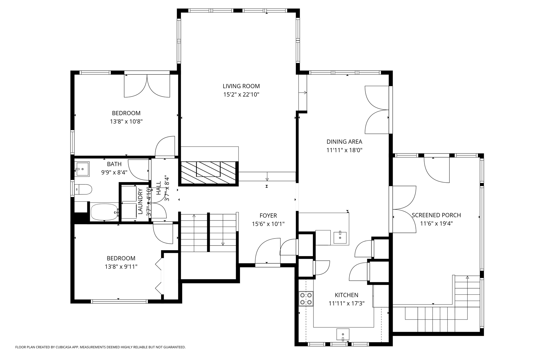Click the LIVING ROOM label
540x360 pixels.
[241, 86]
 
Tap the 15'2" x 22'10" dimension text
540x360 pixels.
[241, 95]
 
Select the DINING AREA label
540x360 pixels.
[344, 142]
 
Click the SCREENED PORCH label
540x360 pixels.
[436, 215]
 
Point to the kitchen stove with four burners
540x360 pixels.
[306, 298]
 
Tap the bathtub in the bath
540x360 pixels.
[104, 212]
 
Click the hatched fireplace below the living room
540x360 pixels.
[208, 173]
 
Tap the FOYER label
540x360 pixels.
[268, 215]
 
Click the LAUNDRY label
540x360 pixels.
[140, 201]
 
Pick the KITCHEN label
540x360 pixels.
[346, 295]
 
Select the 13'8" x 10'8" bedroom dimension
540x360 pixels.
[126, 122]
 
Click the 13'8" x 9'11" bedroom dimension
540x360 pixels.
[121, 267]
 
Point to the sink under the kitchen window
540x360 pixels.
[343, 334]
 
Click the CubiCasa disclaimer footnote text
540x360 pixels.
[100, 347]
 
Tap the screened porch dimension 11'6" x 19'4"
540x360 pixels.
[436, 223]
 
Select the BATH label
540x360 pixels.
[114, 164]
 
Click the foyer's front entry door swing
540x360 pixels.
[267, 251]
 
